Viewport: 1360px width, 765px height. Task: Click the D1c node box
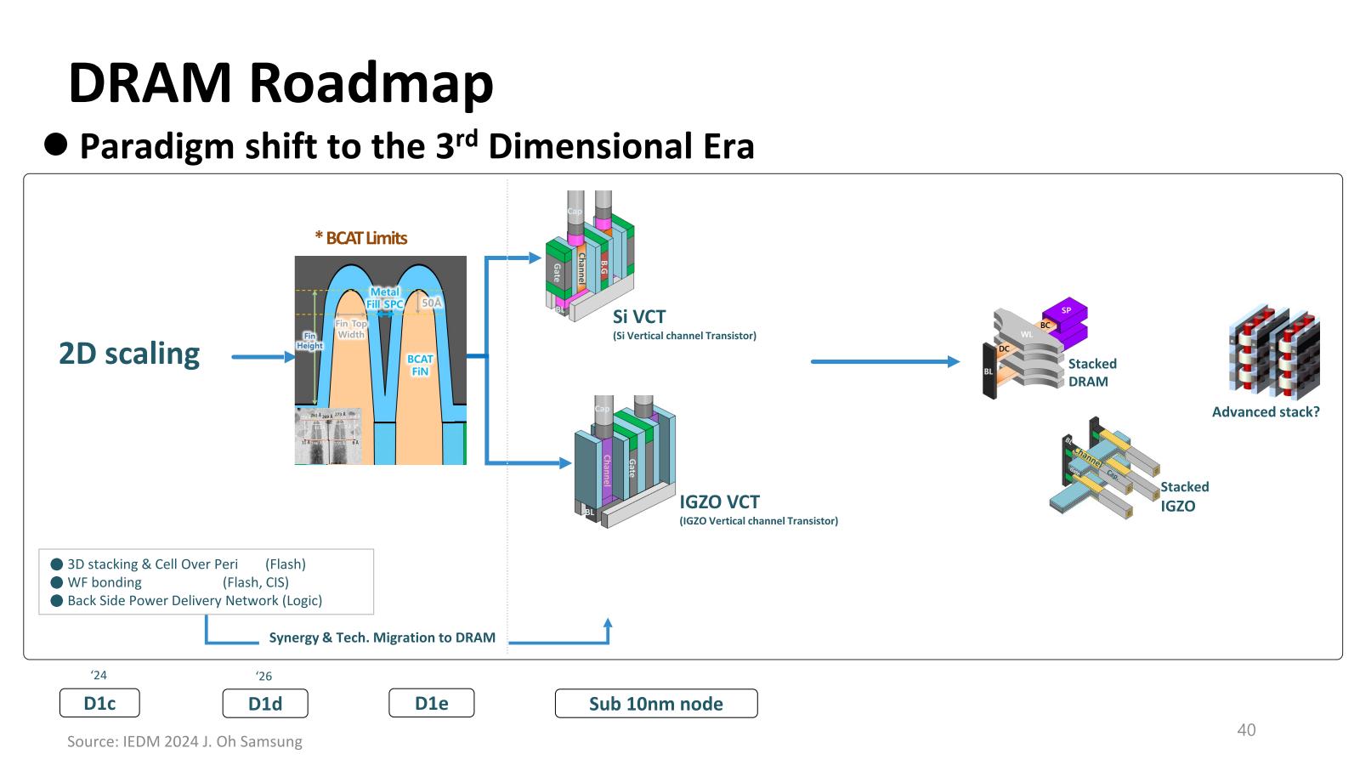[99, 703]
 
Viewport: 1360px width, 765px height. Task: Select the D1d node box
[265, 703]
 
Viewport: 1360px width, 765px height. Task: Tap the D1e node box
[431, 703]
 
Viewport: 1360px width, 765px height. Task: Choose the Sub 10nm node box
[656, 703]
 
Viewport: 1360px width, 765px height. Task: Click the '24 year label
[99, 675]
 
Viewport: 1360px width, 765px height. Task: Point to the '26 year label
[264, 676]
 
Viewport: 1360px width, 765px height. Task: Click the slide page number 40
[1246, 729]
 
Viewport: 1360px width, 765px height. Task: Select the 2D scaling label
[129, 354]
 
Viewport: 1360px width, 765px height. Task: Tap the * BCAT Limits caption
[361, 238]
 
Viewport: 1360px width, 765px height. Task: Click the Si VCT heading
[639, 317]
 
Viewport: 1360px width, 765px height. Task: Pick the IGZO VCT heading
[719, 501]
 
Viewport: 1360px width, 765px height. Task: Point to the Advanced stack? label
[1266, 411]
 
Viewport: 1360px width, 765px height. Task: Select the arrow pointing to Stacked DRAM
[884, 361]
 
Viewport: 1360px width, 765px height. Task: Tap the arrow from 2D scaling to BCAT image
[263, 357]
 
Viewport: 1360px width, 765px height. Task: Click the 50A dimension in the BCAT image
[432, 303]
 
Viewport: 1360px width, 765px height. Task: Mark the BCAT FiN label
[420, 365]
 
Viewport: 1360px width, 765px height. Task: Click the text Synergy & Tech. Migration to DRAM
[382, 637]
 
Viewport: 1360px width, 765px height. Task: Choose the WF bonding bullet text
[105, 582]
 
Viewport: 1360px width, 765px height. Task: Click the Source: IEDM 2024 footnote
[184, 741]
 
